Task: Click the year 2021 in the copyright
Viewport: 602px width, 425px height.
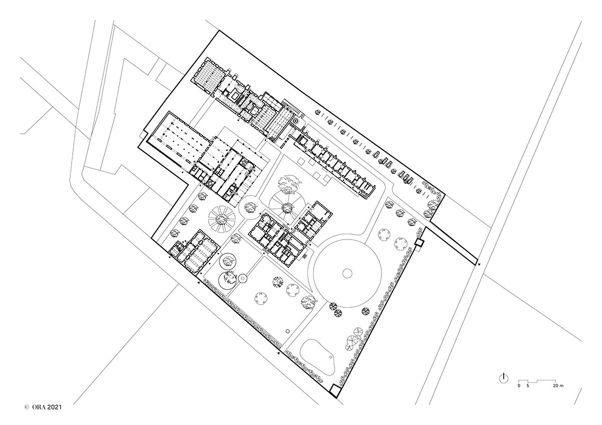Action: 54,415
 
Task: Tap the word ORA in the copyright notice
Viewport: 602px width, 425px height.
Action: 39,415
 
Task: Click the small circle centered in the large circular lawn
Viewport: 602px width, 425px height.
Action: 348,274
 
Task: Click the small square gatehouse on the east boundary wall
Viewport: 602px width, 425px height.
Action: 419,243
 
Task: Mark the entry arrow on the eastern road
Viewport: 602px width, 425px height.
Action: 479,265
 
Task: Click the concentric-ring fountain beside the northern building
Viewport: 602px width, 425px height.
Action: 295,121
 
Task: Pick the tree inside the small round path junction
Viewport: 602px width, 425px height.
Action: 249,206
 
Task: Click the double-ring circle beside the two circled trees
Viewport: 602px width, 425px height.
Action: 243,279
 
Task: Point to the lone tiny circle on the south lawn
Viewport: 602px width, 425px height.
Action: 288,331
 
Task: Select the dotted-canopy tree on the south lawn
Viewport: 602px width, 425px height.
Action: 277,282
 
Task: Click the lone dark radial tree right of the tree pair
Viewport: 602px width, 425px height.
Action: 366,311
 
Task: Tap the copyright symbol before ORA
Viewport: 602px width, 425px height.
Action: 27,415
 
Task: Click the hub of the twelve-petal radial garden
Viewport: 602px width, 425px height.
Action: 222,220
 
